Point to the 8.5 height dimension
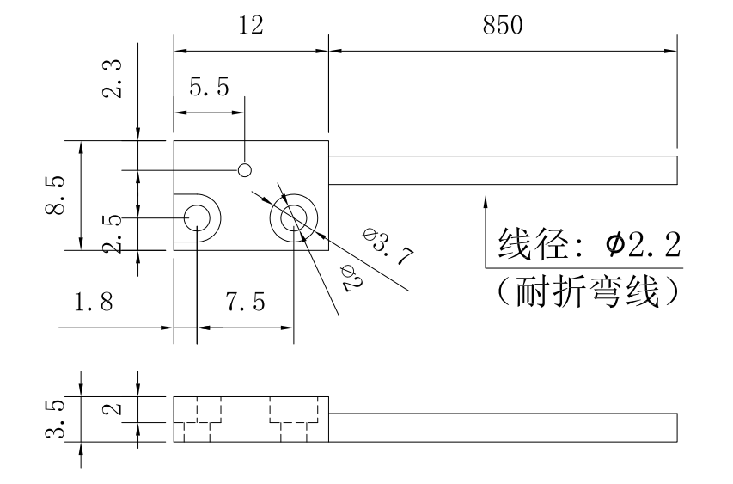(54, 194)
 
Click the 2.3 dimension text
(111, 78)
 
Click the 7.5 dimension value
(245, 303)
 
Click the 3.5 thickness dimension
(54, 419)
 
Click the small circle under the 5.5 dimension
(245, 169)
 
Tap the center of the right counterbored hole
(293, 217)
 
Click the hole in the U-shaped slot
(199, 217)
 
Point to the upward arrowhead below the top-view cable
(486, 203)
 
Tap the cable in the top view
(503, 169)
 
